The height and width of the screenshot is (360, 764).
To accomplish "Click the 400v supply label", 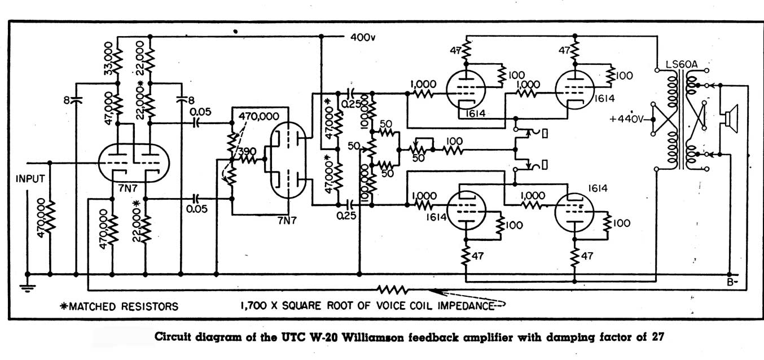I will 363,38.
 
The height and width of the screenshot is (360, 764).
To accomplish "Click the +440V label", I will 627,120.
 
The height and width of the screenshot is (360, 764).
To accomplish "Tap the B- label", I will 733,283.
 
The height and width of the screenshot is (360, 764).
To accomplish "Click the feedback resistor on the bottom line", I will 393,289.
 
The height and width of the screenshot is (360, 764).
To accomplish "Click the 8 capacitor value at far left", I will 67,101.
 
